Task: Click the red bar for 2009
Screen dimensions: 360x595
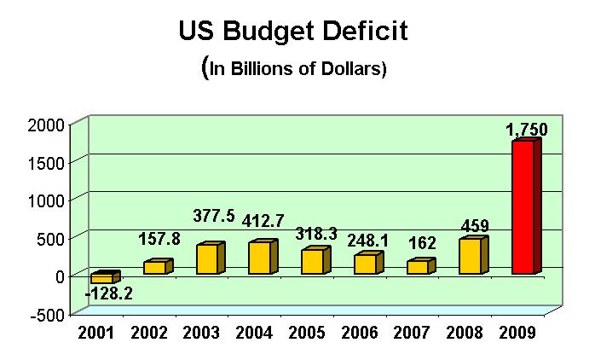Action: (x=524, y=206)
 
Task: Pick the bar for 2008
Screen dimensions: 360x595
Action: (x=471, y=256)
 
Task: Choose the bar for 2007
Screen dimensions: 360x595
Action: (x=419, y=267)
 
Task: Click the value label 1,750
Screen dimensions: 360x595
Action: (x=526, y=130)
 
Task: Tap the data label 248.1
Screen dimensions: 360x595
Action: (x=367, y=241)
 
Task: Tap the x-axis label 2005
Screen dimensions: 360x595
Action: (x=307, y=333)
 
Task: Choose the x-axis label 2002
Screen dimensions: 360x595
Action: (x=149, y=333)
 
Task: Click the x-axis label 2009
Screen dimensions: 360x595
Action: (x=518, y=333)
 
